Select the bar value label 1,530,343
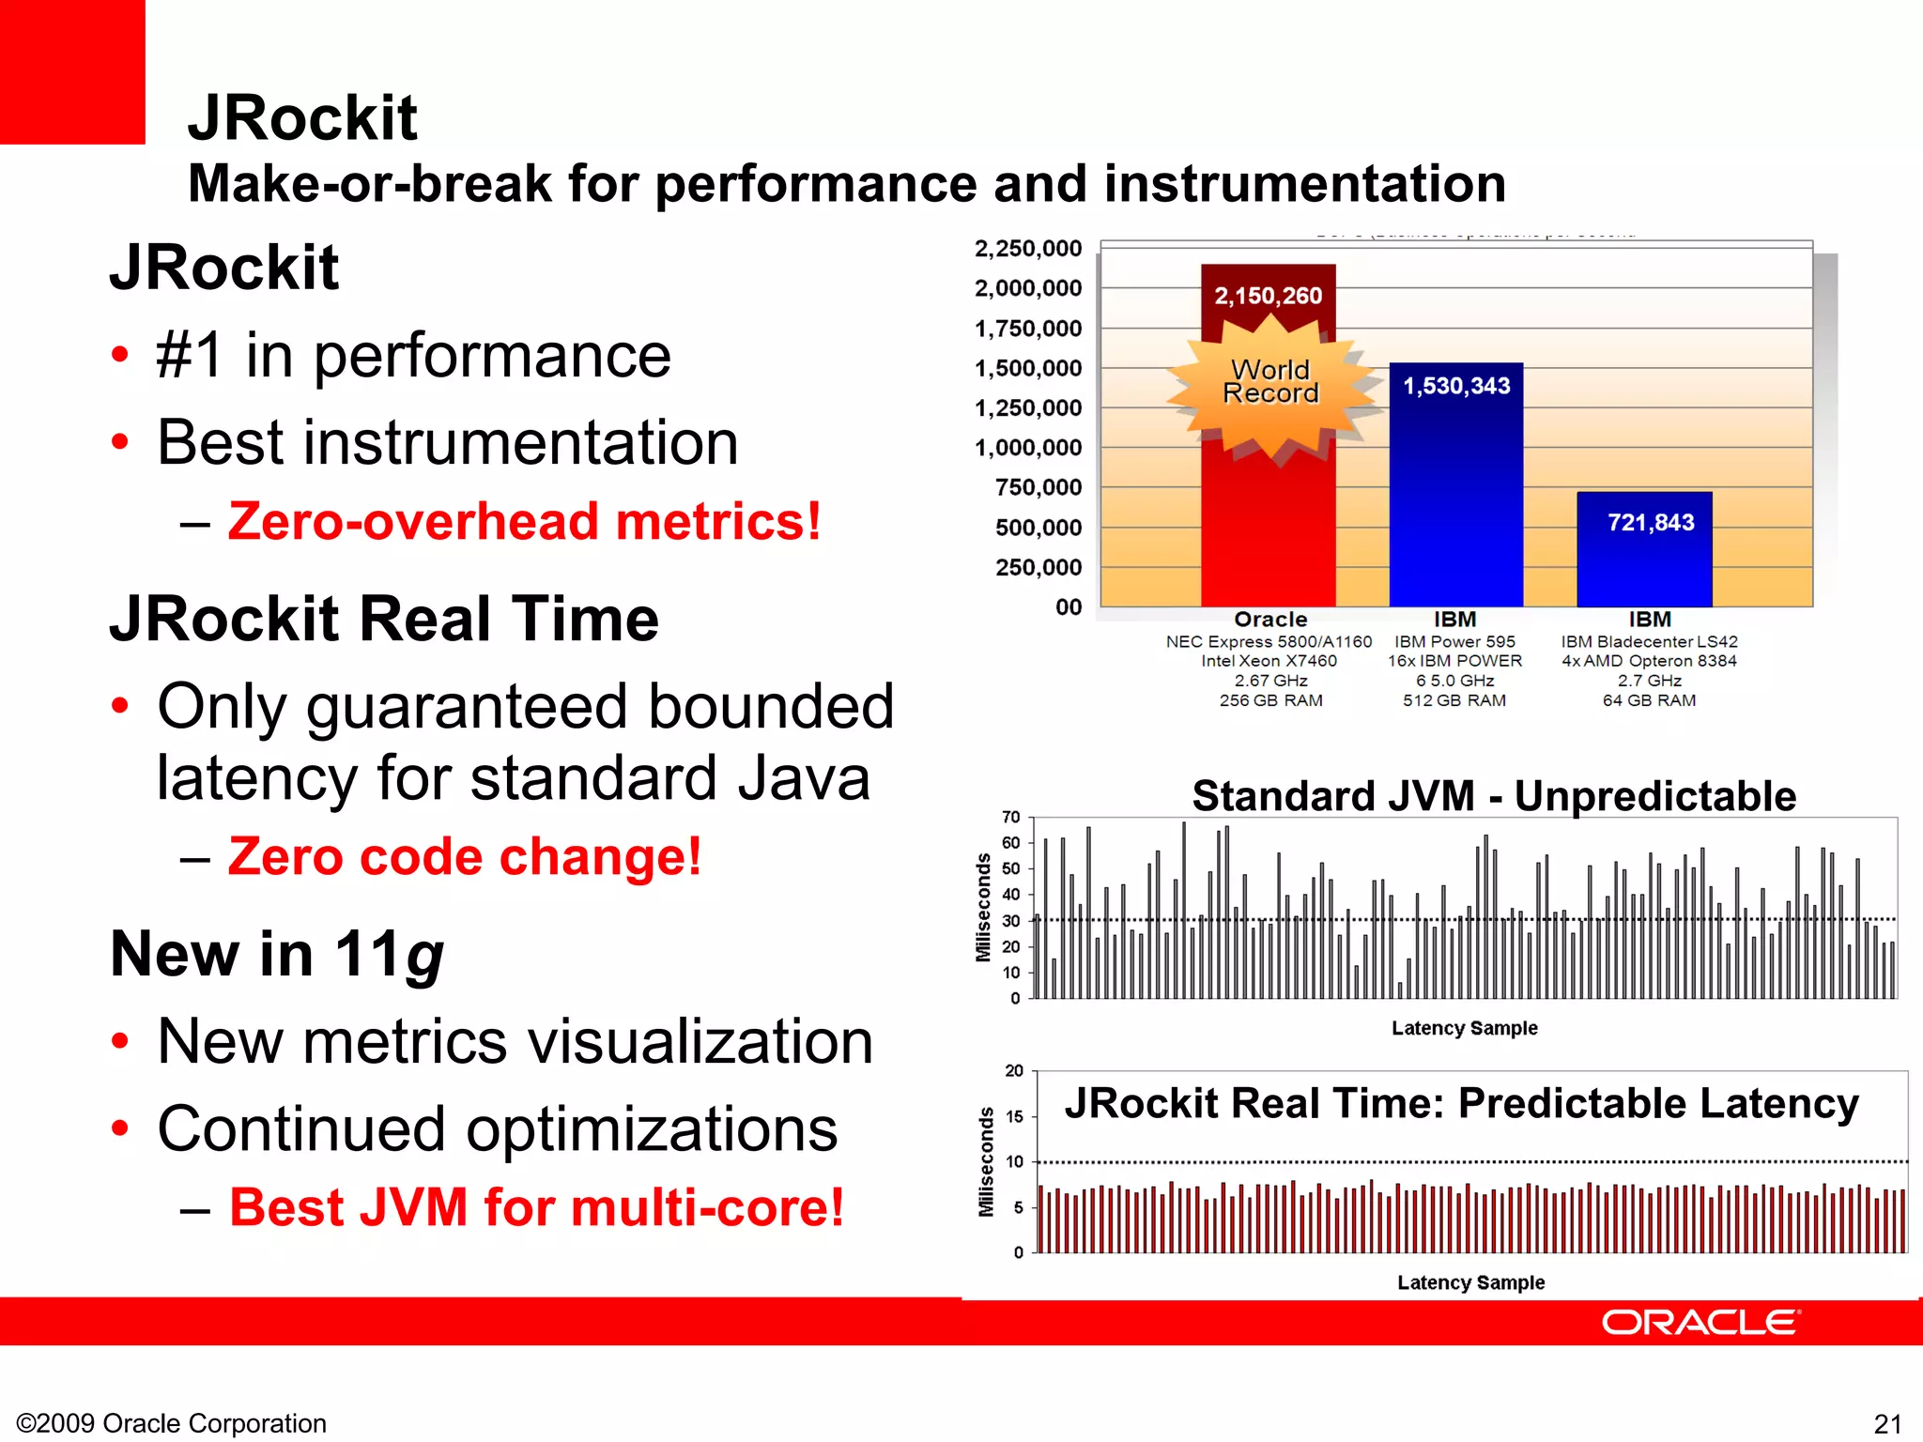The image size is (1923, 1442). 1456,386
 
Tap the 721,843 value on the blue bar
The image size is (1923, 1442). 1651,523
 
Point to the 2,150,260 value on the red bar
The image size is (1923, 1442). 1268,296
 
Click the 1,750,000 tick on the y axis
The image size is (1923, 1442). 1028,329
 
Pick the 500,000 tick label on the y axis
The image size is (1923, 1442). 1038,528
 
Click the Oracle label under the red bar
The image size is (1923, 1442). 1270,620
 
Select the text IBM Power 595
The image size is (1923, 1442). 1454,642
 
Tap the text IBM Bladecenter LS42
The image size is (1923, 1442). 1649,642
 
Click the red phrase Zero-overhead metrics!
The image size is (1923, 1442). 524,522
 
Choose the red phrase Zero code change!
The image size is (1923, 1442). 464,857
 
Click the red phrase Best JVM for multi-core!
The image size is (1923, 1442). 536,1207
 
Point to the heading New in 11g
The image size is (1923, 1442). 277,955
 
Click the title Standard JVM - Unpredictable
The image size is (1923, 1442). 1493,796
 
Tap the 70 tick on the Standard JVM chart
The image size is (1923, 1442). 1010,818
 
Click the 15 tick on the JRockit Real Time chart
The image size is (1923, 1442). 1014,1116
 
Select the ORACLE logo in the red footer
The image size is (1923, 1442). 1700,1323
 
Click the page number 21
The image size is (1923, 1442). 1887,1423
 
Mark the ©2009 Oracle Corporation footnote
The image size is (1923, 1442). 172,1423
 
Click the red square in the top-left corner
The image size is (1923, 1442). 72,71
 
